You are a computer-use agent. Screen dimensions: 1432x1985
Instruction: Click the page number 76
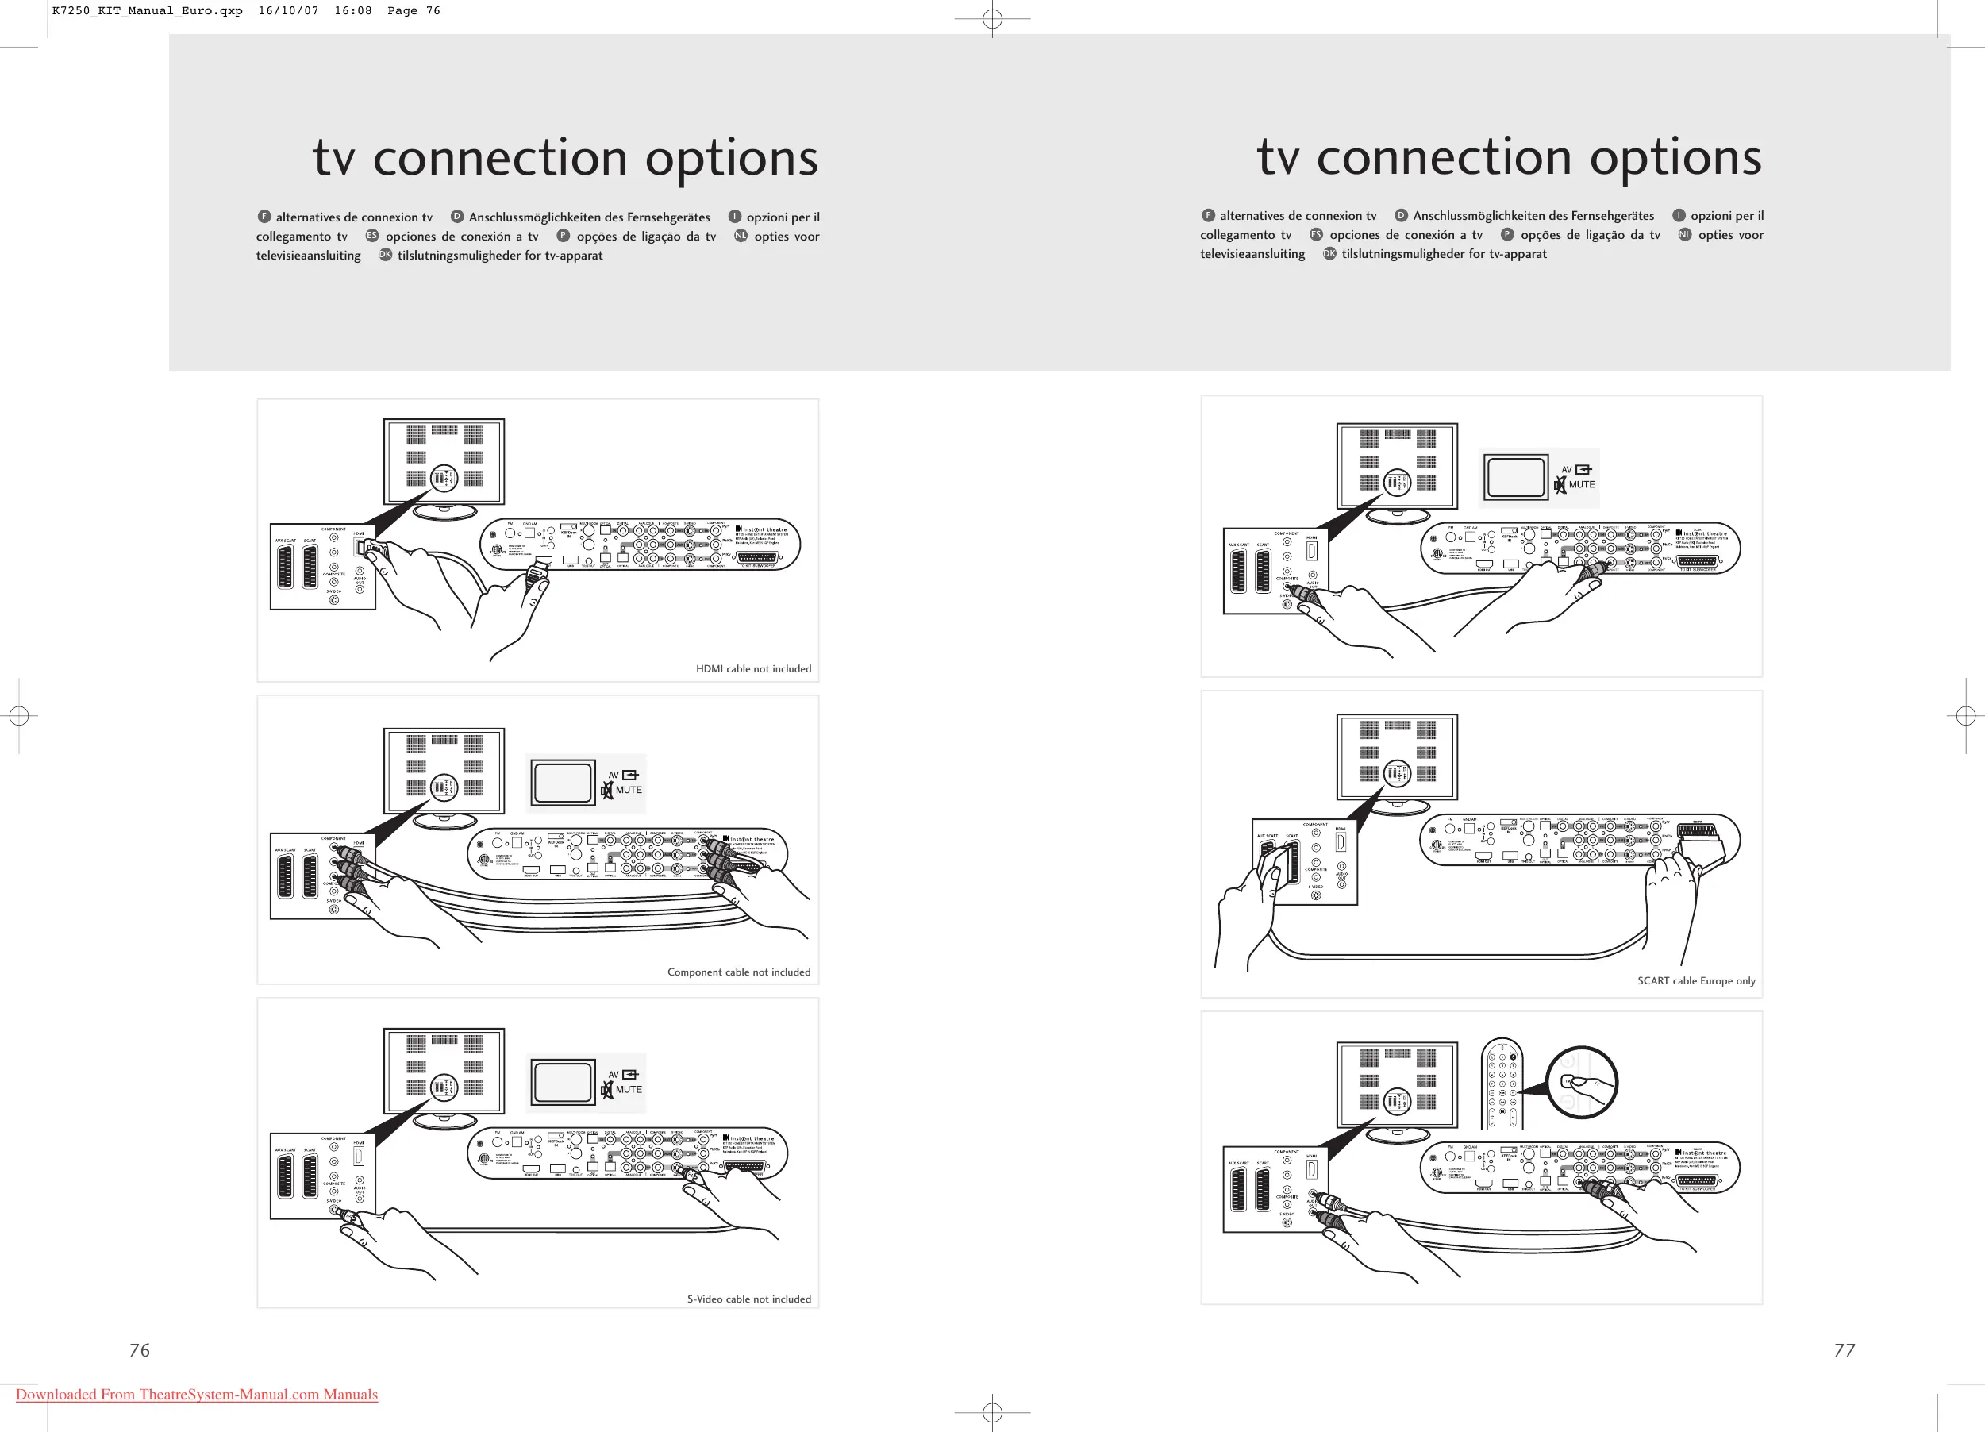click(139, 1349)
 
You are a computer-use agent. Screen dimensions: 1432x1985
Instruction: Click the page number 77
click(1844, 1349)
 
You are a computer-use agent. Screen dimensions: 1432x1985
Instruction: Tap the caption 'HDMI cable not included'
click(752, 668)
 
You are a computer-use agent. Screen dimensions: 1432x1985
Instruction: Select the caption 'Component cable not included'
click(739, 972)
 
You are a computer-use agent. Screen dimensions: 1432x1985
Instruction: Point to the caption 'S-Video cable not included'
click(748, 1299)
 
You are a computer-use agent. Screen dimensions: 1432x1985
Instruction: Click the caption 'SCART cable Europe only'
click(1695, 980)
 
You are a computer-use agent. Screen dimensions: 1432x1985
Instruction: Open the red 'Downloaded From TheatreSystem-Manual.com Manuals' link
click(197, 1395)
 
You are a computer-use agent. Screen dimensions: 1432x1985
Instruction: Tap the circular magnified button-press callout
click(1582, 1083)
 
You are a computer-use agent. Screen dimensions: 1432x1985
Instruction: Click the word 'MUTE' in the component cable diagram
click(629, 790)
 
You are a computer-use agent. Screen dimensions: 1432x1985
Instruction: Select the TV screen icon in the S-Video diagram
click(564, 1083)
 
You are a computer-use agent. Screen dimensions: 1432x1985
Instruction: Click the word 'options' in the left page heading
click(731, 159)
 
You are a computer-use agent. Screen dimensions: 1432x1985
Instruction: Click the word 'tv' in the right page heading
click(1279, 159)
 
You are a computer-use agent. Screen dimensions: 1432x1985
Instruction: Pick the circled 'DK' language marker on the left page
click(385, 255)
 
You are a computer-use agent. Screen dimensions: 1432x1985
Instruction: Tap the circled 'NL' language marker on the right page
click(1684, 235)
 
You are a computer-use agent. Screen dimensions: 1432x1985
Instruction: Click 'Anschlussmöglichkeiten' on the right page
click(1483, 215)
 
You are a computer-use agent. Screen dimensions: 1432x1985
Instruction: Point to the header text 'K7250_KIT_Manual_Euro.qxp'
click(147, 10)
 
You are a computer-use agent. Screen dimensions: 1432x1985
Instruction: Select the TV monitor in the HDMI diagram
click(444, 462)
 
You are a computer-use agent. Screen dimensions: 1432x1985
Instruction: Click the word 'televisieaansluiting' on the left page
click(308, 256)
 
